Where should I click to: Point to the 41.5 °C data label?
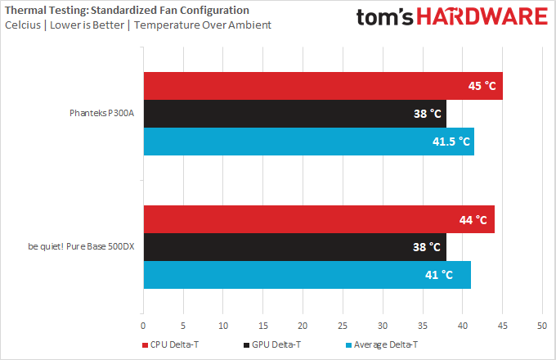[x=451, y=142]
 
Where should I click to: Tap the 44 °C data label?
[x=470, y=219]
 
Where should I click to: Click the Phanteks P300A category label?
[x=101, y=114]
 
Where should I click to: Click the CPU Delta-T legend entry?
[x=173, y=345]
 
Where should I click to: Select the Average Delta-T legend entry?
[x=383, y=345]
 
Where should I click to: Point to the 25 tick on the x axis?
[x=343, y=326]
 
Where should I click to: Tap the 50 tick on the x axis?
[x=541, y=326]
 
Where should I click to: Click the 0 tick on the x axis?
[x=144, y=326]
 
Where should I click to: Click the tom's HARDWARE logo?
[x=452, y=18]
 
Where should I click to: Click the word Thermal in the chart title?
[x=23, y=10]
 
